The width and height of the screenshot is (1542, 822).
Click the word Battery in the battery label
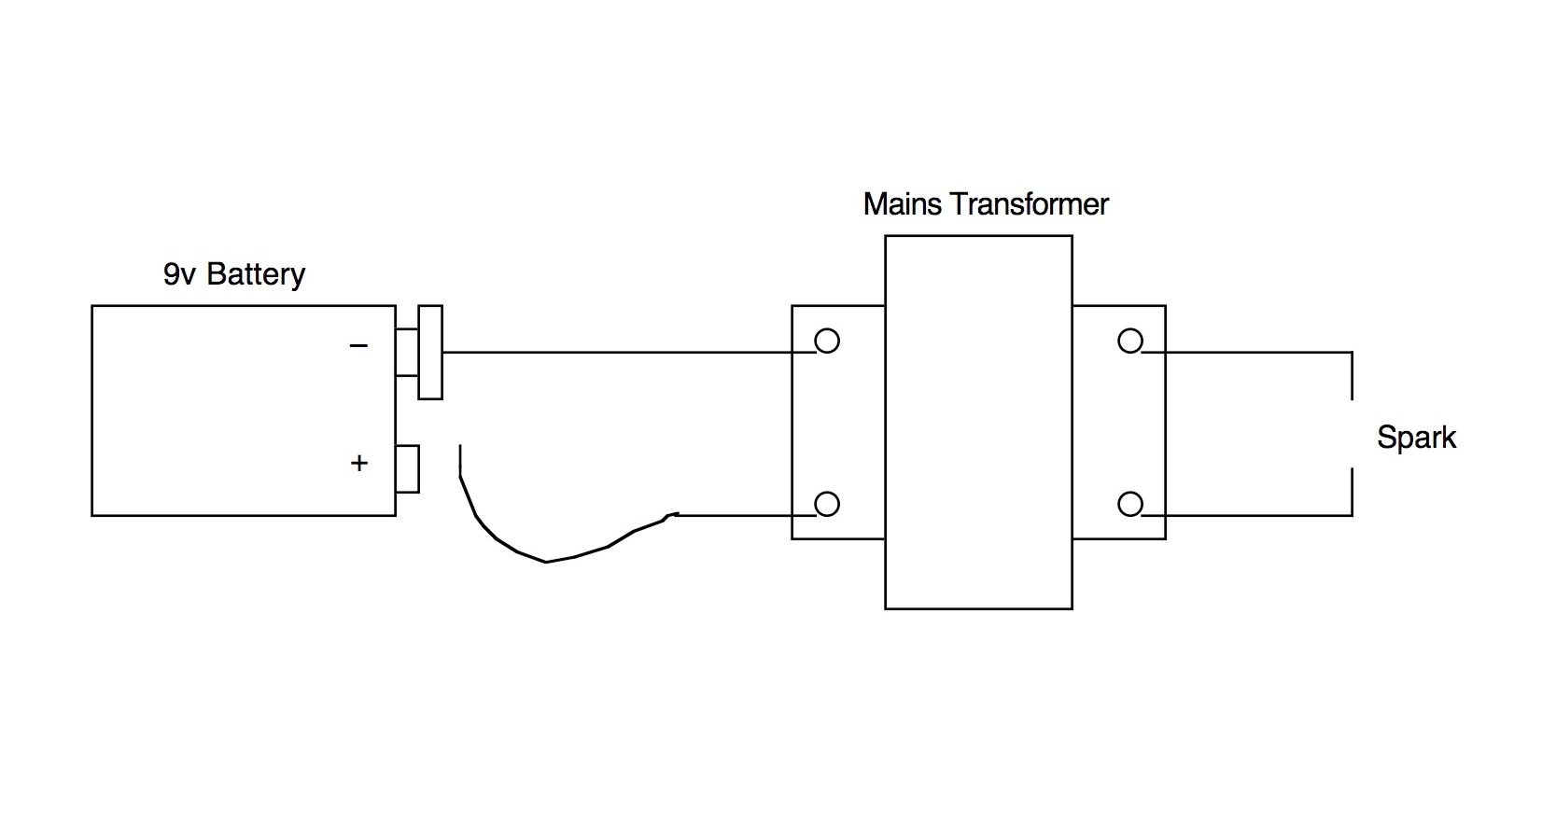(x=256, y=274)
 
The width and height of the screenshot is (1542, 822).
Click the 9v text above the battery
(x=179, y=274)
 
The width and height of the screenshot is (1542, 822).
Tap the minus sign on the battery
(x=358, y=345)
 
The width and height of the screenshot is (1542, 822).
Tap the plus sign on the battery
(x=358, y=463)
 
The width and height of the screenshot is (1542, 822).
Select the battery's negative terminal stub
(x=407, y=352)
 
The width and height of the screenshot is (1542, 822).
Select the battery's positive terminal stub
(x=407, y=469)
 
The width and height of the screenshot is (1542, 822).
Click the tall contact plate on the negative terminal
(x=430, y=352)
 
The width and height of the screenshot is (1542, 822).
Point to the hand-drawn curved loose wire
(x=546, y=562)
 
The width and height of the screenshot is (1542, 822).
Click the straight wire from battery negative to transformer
(x=629, y=352)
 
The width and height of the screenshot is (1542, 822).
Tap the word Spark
(x=1416, y=438)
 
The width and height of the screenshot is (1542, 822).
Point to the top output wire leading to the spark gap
(x=1247, y=352)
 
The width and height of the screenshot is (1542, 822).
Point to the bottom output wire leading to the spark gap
(x=1247, y=515)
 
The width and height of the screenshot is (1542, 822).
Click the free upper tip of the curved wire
(x=460, y=446)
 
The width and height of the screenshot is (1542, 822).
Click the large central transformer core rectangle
(x=978, y=236)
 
